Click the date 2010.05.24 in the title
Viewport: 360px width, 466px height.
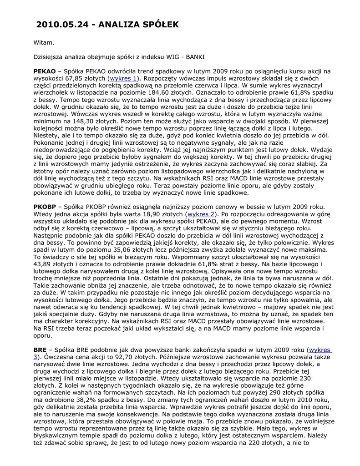pyautogui.click(x=63, y=25)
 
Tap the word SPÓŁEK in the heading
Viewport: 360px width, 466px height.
pyautogui.click(x=158, y=25)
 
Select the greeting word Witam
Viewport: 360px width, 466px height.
pyautogui.click(x=44, y=43)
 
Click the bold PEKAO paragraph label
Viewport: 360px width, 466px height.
pyautogui.click(x=44, y=71)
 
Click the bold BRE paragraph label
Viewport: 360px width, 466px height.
pyautogui.click(x=40, y=350)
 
